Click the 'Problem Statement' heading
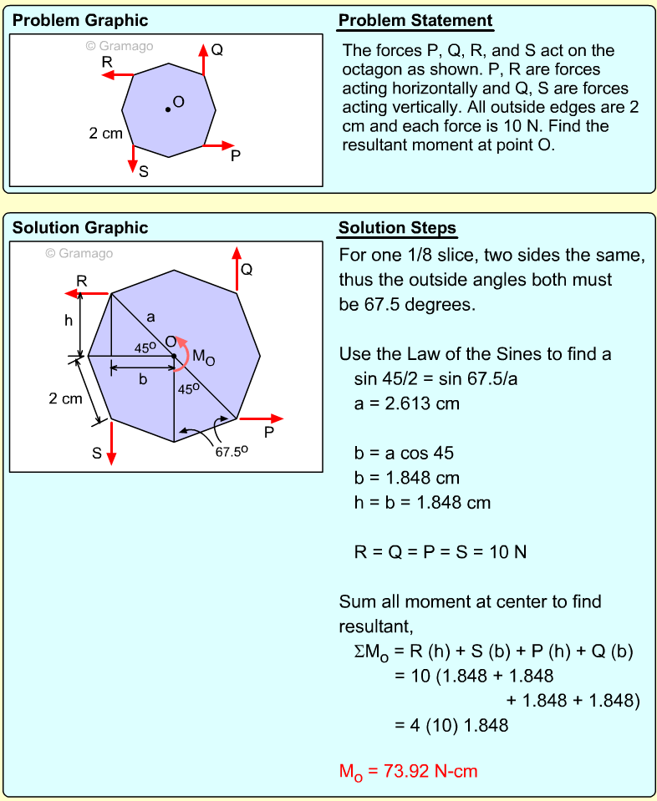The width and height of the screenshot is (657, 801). pos(415,21)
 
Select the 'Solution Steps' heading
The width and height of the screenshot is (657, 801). pos(397,229)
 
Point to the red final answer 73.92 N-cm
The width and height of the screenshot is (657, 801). pos(408,771)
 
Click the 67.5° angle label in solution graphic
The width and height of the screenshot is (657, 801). pos(232,452)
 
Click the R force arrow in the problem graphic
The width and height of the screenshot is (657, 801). pos(116,75)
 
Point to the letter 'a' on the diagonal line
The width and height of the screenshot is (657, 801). pos(150,317)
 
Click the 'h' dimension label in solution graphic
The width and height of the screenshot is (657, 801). pos(69,320)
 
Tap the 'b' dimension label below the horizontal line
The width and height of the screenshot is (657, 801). pos(143,379)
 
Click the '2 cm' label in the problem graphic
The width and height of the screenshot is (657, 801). pos(106,133)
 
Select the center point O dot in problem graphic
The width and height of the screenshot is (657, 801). pos(167,109)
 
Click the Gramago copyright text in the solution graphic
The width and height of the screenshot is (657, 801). pos(79,253)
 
